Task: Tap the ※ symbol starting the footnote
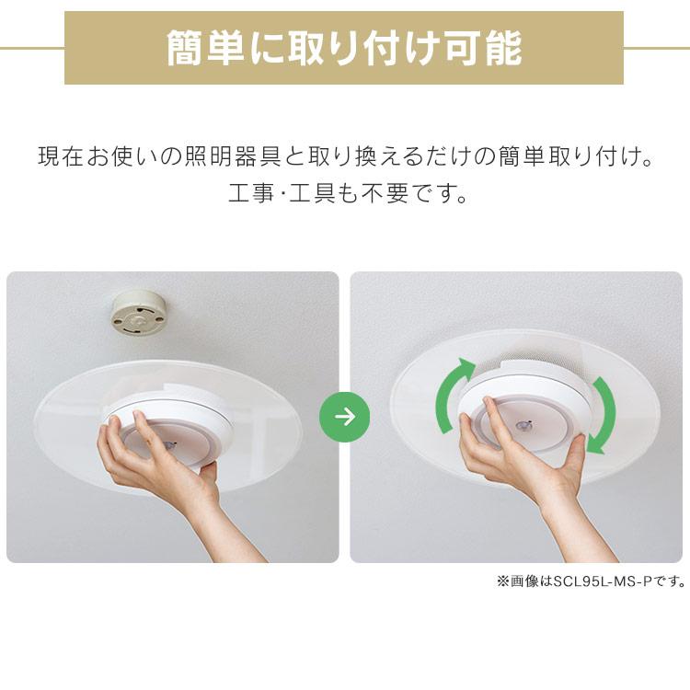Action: tap(502, 581)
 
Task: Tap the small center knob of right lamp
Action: tap(523, 426)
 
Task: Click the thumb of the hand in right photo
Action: tap(575, 448)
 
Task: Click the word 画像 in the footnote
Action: tap(523, 581)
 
